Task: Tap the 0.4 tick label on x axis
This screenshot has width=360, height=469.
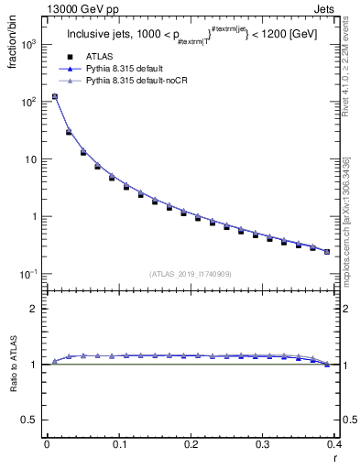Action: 336,443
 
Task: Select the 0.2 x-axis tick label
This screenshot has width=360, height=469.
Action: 191,443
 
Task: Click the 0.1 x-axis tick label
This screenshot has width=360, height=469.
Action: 119,443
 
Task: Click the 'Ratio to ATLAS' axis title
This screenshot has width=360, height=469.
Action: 12,365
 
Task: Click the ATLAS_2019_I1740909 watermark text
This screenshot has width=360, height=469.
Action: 191,273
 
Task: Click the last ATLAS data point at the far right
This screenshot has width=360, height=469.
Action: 327,252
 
